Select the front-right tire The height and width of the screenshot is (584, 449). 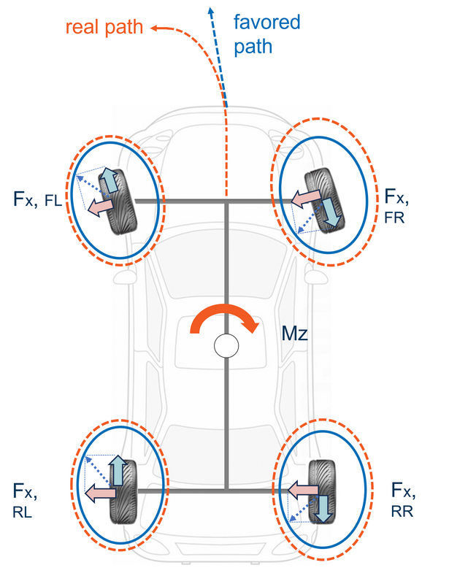point(322,199)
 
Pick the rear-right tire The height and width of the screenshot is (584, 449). point(321,491)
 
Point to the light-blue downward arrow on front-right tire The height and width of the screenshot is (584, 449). point(330,210)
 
